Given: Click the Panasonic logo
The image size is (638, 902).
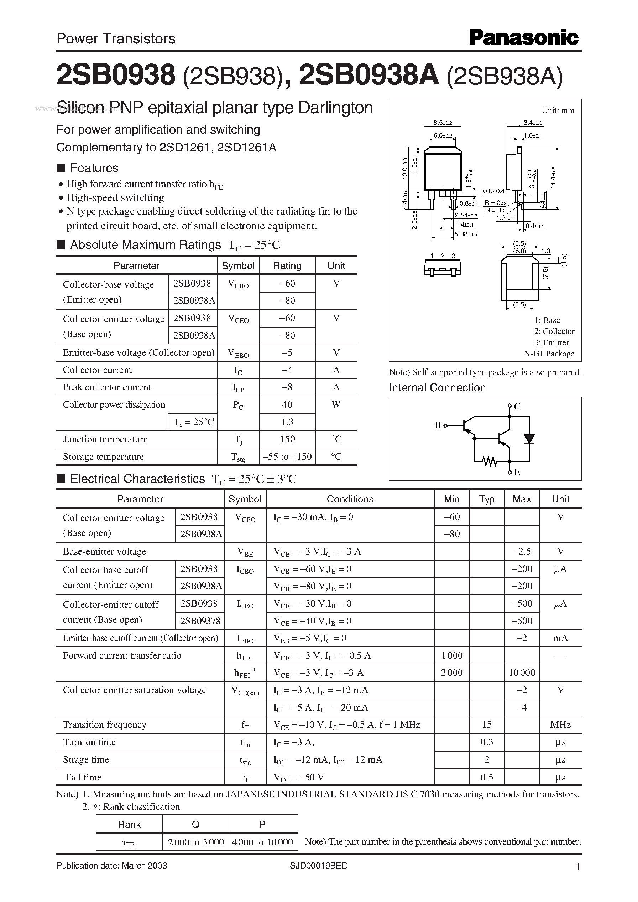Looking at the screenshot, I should (x=524, y=38).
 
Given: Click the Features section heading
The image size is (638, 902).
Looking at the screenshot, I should (x=94, y=168).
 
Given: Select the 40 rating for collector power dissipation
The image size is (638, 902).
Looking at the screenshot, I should (x=287, y=404).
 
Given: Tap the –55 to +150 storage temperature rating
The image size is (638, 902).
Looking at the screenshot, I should (x=287, y=456).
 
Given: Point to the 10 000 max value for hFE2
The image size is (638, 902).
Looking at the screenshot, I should (x=522, y=672).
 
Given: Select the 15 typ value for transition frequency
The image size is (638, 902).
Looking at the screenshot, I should (x=487, y=724).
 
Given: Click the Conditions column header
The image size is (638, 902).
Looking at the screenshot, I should (x=350, y=499).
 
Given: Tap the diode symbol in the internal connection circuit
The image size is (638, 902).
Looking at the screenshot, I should (x=529, y=438).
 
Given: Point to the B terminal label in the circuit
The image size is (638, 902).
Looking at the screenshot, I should (x=437, y=426).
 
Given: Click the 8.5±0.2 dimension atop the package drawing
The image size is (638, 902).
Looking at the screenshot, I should (x=442, y=123).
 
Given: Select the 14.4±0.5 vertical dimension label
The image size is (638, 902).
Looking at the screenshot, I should (x=554, y=178).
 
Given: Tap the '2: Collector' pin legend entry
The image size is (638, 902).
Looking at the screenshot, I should (x=554, y=331).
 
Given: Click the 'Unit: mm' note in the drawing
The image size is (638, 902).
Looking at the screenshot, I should (x=558, y=111).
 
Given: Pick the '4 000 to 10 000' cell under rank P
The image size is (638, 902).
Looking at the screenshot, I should (x=262, y=842).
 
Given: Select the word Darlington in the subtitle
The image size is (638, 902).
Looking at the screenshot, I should (x=335, y=108).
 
